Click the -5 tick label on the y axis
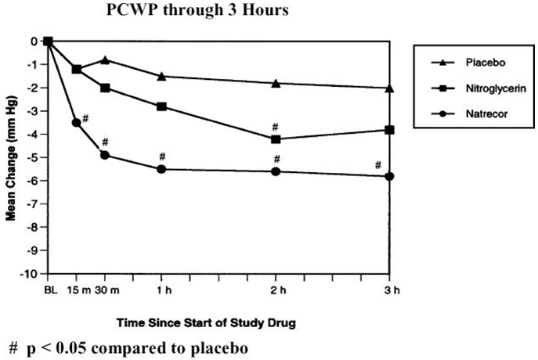33,157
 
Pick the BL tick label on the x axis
48,291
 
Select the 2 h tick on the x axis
276,291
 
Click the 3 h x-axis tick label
390,291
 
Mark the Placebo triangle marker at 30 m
105,59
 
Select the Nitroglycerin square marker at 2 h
276,139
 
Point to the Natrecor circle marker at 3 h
390,176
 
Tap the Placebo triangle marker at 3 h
390,88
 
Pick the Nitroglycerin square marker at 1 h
161,106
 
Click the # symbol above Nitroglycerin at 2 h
276,126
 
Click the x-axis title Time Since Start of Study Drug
218,322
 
